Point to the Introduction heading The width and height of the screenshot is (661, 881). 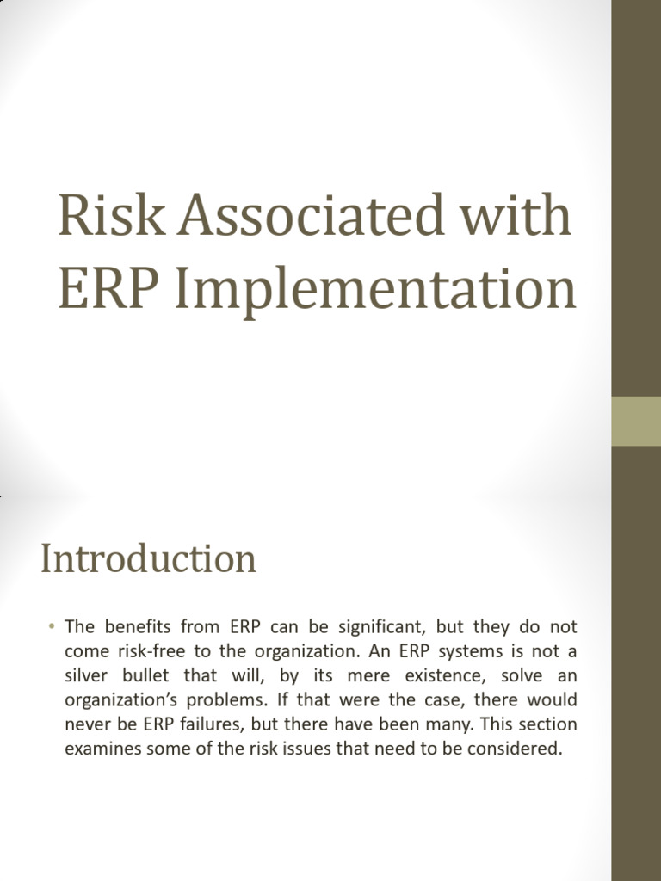click(x=148, y=559)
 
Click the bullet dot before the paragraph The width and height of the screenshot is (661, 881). click(x=52, y=625)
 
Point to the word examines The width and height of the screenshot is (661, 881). click(x=102, y=749)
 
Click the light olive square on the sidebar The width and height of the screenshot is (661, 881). click(x=636, y=421)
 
